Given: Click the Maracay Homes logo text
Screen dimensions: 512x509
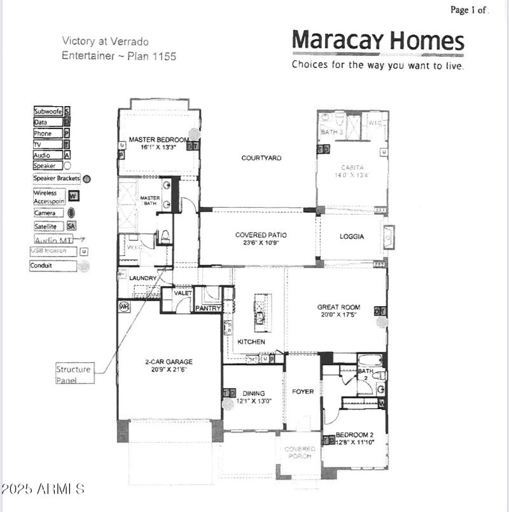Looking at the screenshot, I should (x=378, y=41).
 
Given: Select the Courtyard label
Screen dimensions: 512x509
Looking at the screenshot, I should (x=261, y=158).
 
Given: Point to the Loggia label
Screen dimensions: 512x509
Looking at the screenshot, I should (x=352, y=237).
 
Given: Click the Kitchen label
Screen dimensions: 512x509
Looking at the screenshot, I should (x=251, y=342).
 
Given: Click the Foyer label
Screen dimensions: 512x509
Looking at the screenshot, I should (x=303, y=392).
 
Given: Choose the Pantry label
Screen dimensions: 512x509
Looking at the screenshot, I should (x=208, y=309).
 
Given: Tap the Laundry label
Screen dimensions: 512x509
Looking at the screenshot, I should (x=143, y=278).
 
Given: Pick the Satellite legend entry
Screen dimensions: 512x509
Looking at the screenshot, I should (x=46, y=226).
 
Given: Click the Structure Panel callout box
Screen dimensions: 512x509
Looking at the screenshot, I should (x=73, y=374).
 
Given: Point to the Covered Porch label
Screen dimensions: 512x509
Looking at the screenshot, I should (x=300, y=452).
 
